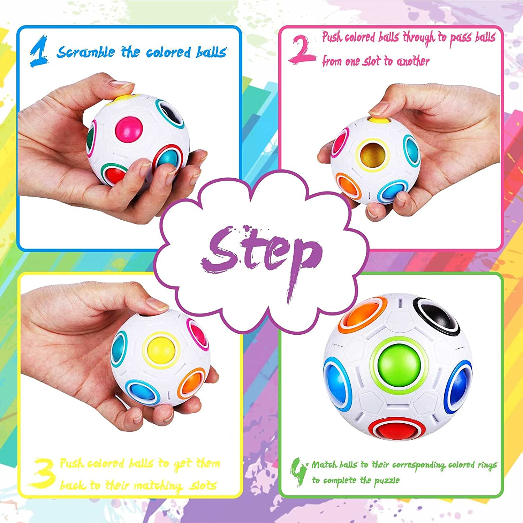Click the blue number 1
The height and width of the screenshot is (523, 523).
39,51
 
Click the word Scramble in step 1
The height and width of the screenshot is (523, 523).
86,52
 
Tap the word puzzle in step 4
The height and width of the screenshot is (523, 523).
387,481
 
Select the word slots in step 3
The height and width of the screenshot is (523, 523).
203,485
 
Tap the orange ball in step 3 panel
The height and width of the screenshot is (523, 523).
192,385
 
